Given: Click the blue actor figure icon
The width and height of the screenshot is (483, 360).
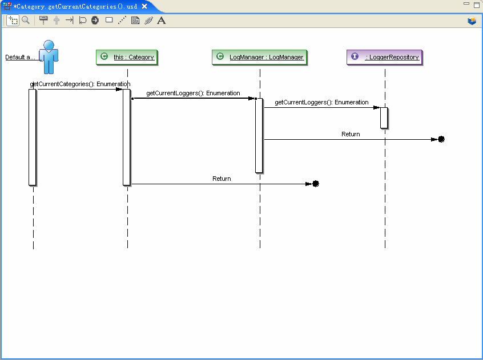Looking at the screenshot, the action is [49, 57].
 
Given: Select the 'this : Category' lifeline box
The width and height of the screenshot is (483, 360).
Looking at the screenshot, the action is [127, 57].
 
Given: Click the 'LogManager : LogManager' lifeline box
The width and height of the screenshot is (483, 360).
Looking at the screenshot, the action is [259, 57].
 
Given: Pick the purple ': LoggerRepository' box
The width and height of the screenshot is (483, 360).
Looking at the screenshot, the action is [384, 57].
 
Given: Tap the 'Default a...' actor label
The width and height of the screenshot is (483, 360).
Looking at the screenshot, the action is [21, 57].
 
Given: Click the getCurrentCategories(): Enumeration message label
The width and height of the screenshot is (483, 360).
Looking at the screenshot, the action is [80, 84].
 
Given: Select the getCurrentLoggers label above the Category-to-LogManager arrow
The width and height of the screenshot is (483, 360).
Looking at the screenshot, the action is [193, 93].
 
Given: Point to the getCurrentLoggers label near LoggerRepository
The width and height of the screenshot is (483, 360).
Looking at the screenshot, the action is [321, 103].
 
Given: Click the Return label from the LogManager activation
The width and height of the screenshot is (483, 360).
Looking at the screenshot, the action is [351, 134].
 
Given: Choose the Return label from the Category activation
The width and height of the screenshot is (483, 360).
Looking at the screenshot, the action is [222, 179].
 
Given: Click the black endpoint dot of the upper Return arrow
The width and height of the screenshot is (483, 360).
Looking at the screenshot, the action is [441, 139].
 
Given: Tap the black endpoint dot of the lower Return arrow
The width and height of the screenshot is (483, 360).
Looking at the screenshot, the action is [316, 184].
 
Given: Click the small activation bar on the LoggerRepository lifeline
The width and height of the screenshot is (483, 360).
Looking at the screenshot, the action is [384, 118].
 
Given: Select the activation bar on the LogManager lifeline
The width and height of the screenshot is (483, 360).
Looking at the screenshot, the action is [259, 136].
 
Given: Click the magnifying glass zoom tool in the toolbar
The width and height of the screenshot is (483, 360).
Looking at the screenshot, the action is [26, 21].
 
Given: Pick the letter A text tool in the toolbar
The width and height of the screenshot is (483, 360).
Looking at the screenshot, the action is [162, 21].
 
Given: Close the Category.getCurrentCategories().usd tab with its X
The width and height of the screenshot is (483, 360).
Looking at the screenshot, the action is [144, 6].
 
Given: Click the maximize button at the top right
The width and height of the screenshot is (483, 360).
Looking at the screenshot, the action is [477, 5].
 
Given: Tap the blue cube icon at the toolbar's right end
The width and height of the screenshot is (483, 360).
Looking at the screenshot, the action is [472, 21].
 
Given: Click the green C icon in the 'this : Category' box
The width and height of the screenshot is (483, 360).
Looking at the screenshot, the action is [104, 56].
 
